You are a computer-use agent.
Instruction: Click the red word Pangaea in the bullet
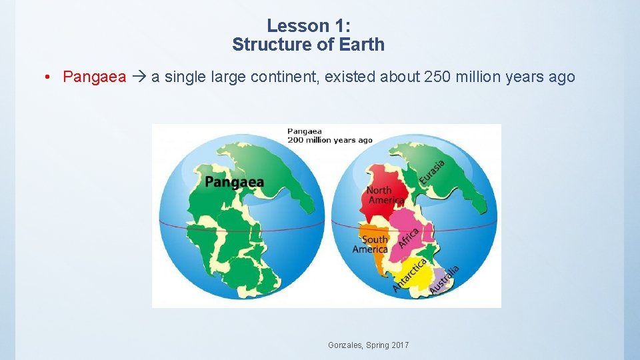pos(94,77)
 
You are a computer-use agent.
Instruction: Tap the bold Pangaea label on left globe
pos(234,182)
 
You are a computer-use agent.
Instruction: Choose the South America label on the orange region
pos(371,244)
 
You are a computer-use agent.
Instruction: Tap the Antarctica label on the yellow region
pos(410,274)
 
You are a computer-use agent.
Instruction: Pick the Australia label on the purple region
pos(444,279)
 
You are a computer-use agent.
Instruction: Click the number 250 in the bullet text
pos(437,77)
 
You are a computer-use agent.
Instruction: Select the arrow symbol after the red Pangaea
pos(139,77)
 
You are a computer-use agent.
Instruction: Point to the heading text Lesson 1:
pos(308,26)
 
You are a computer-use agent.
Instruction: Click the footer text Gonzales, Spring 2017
pos(369,345)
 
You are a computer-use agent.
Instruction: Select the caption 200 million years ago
pos(330,140)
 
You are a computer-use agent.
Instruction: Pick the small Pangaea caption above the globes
pos(306,131)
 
